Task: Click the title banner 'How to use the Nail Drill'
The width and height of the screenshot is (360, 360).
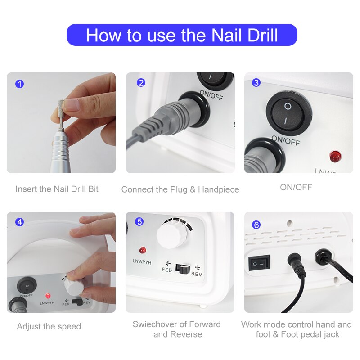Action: (x=182, y=35)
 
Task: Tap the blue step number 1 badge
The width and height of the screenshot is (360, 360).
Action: (x=19, y=84)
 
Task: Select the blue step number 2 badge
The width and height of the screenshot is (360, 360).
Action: (x=141, y=83)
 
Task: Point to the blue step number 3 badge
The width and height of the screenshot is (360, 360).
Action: (x=256, y=82)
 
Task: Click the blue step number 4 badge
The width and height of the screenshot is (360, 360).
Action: (x=19, y=222)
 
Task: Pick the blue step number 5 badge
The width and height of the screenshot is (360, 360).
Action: (x=139, y=221)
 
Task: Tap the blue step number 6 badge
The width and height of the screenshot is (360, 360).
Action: (x=256, y=225)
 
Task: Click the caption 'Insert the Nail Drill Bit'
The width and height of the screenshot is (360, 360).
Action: (x=57, y=189)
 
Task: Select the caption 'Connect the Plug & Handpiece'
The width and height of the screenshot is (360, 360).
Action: (x=180, y=189)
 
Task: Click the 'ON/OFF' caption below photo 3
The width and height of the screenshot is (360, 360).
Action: (x=296, y=187)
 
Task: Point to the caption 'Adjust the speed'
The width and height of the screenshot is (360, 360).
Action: (x=49, y=327)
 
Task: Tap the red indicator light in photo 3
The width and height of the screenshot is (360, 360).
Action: (x=335, y=156)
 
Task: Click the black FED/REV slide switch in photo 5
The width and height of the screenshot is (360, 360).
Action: (x=182, y=268)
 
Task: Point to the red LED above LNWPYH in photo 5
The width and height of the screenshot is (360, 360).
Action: (x=143, y=250)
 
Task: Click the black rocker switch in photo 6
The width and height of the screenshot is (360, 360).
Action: (x=259, y=263)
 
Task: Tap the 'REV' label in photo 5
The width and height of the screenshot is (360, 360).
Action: (x=197, y=274)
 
